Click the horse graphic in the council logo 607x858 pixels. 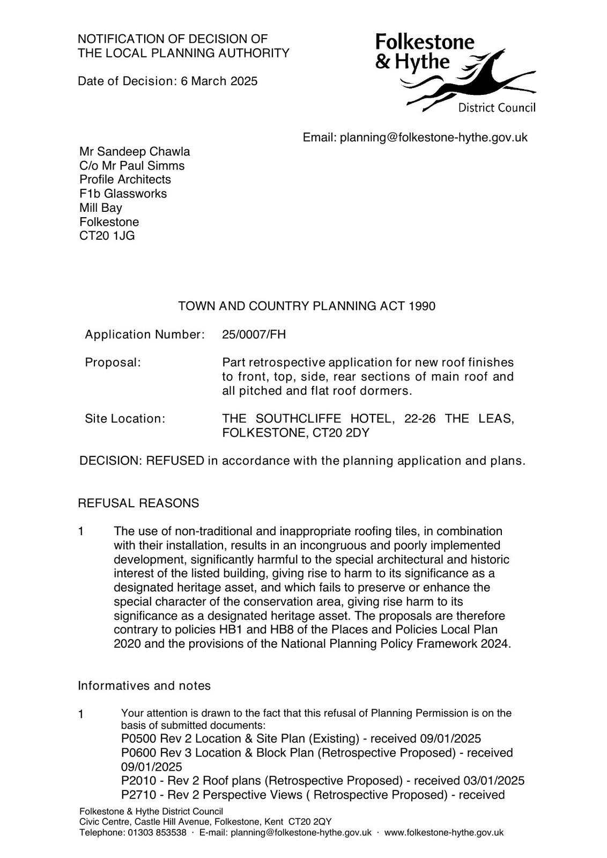coord(472,80)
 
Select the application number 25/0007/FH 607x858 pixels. coord(254,335)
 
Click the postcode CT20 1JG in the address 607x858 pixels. coord(107,235)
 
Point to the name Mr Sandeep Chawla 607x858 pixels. coord(135,152)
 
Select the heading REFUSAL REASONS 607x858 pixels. coord(138,503)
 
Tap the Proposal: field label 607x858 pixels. coord(113,363)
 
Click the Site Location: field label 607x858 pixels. coord(125,419)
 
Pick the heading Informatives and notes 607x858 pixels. coord(144,685)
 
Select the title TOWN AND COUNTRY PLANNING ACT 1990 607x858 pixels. coord(307,306)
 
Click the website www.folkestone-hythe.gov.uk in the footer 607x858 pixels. coord(444,832)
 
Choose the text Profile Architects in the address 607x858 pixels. coord(125,180)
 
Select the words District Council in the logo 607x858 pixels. coord(497,108)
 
